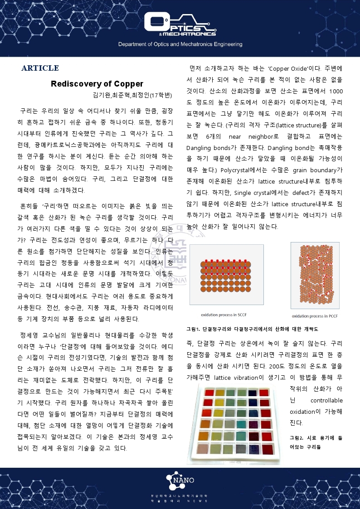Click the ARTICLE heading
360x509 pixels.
[x=40, y=68]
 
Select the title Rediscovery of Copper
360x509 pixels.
[x=97, y=84]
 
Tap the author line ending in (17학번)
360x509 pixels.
[x=132, y=95]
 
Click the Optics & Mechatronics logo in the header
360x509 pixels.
[x=180, y=25]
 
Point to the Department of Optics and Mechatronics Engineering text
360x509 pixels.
[x=180, y=44]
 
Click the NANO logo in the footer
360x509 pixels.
[x=180, y=480]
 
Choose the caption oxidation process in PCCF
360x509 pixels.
[x=315, y=316]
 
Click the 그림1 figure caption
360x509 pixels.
[x=252, y=329]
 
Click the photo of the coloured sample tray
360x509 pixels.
[x=237, y=423]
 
